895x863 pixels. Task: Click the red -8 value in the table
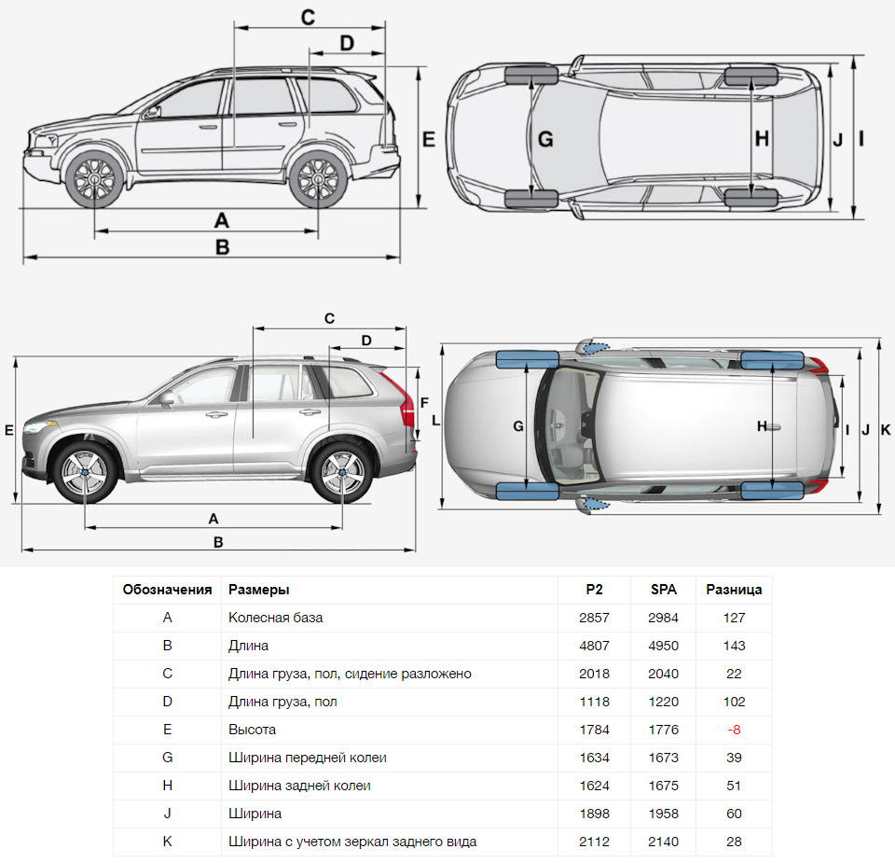pos(734,730)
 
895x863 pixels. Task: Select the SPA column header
pos(664,590)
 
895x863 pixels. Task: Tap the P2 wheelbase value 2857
pos(594,618)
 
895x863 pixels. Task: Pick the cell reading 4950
pos(664,646)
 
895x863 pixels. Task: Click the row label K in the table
pos(167,842)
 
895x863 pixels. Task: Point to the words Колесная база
pos(275,618)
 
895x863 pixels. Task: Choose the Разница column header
pos(734,590)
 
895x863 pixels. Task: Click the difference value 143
pos(734,646)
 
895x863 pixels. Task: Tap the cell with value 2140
pos(664,842)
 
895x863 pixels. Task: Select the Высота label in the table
pos(252,730)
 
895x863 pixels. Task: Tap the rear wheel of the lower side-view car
pos(341,473)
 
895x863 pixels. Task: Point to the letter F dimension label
pos(424,403)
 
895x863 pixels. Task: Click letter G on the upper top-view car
pos(545,139)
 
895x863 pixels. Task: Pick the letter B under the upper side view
pos(222,247)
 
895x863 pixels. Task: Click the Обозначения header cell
pos(167,590)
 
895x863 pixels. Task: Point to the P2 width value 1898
pos(594,814)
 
